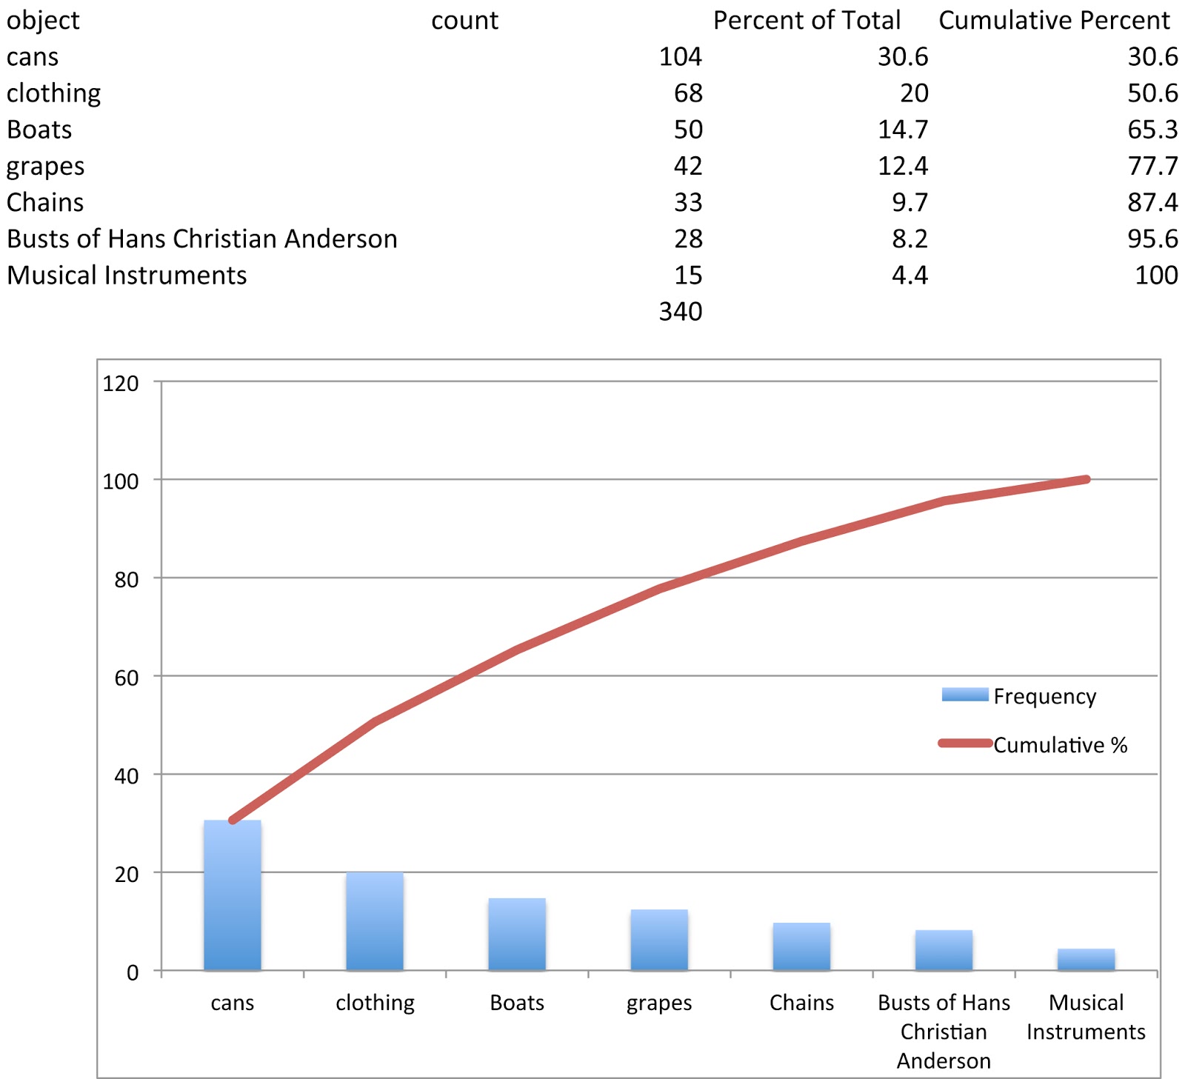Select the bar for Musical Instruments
1086,959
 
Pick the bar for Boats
517,934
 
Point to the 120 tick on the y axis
121,384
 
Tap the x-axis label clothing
375,1003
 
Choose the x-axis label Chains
801,1003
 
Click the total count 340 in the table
680,311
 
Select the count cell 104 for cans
680,57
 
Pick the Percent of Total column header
807,20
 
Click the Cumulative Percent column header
1054,20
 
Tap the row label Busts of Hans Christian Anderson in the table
202,238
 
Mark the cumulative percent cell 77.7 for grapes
1152,166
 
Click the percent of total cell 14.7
902,130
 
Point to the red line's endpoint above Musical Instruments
1086,479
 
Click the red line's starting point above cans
233,820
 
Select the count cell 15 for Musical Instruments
688,275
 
